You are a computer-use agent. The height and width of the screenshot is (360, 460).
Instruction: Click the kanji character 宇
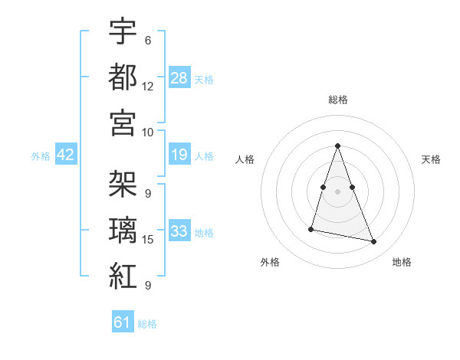(123, 31)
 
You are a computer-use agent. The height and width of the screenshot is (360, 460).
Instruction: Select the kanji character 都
(123, 77)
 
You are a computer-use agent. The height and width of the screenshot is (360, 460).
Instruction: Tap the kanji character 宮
(123, 122)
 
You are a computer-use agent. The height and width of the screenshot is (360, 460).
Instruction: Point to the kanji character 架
(123, 184)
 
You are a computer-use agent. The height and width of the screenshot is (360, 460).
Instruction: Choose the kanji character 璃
(123, 230)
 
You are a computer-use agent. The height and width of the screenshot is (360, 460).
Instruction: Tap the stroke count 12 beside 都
(148, 87)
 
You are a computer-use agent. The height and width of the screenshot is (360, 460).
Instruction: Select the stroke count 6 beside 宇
(148, 41)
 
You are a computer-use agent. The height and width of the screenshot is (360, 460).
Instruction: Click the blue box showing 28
(179, 77)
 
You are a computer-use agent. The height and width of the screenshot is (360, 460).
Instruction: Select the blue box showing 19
(179, 155)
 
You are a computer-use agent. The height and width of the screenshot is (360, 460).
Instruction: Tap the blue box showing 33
(179, 231)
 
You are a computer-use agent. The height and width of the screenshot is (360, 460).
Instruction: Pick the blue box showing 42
(66, 155)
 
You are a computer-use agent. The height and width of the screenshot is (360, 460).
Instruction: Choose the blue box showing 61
(123, 322)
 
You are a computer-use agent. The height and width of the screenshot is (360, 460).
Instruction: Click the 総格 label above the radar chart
(337, 100)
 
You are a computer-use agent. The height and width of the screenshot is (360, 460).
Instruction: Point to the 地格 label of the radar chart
(402, 262)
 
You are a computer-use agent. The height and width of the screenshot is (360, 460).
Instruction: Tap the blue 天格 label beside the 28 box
(204, 79)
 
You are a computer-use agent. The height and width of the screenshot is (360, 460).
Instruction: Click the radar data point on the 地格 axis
(373, 242)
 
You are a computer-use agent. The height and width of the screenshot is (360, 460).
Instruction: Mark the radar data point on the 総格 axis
(337, 146)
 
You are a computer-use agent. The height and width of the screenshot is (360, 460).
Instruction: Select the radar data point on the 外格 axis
(311, 228)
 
